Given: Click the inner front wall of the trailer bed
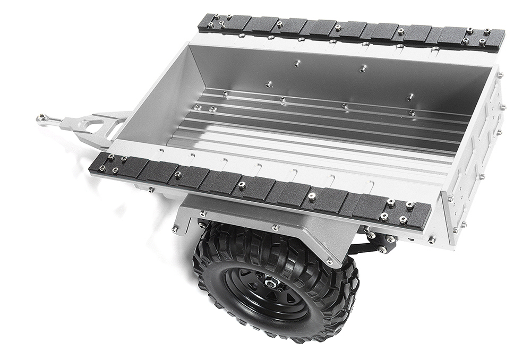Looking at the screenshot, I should (154, 101).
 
